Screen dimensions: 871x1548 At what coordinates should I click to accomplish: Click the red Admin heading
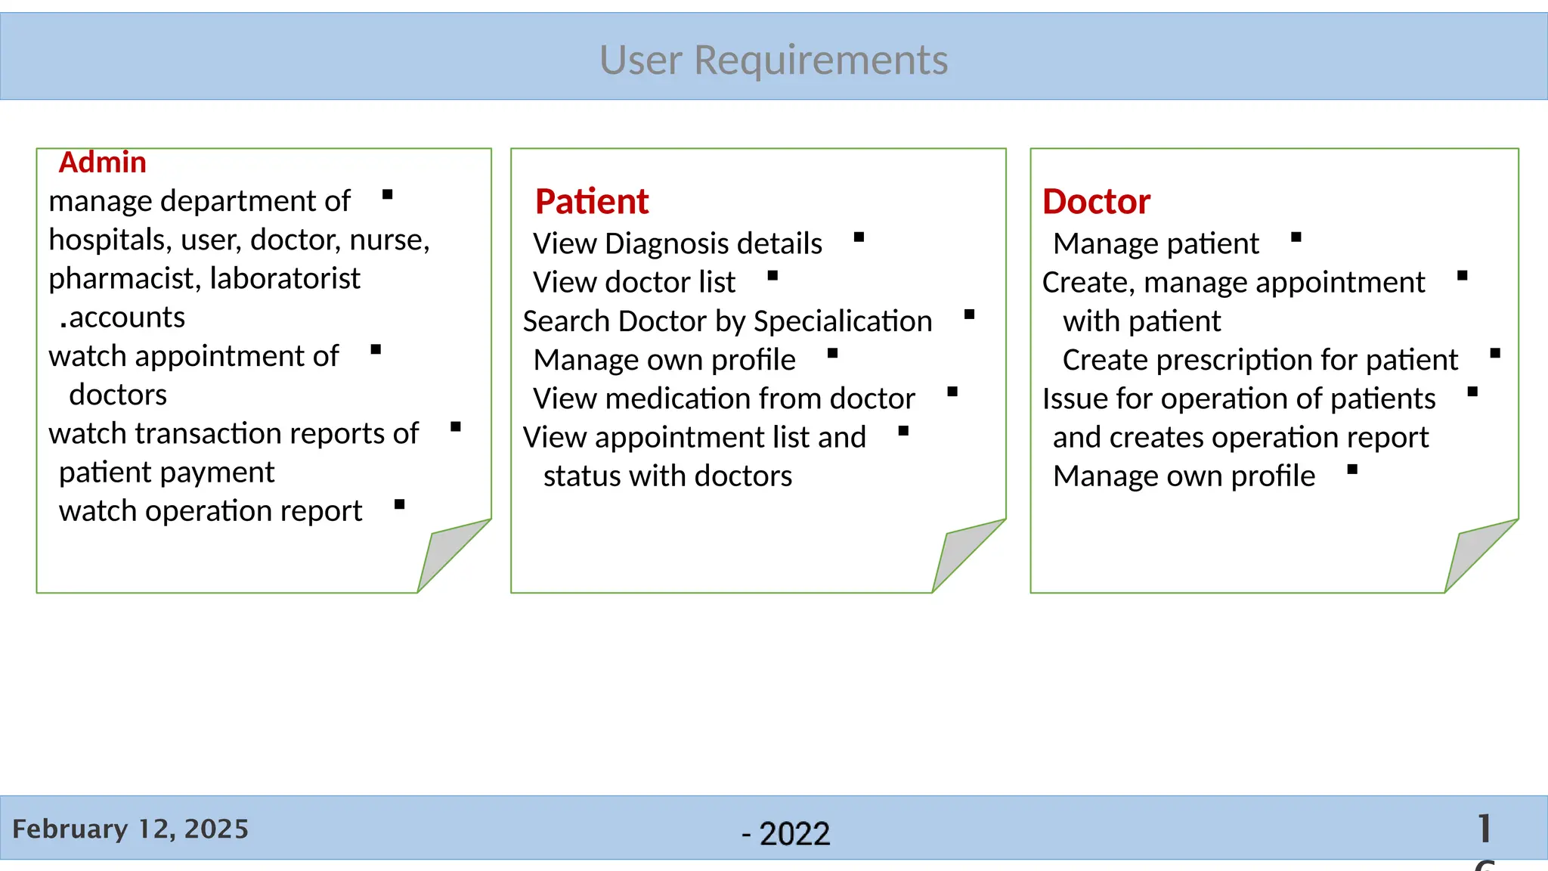click(102, 163)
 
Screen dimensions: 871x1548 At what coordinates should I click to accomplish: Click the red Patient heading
click(592, 202)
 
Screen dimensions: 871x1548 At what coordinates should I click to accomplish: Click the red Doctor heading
click(1096, 202)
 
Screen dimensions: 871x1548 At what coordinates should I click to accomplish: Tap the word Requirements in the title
click(821, 60)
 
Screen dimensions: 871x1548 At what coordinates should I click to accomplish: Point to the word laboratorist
click(285, 279)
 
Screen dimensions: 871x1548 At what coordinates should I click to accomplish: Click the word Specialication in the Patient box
click(843, 321)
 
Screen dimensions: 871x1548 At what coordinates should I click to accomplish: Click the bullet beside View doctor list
click(772, 276)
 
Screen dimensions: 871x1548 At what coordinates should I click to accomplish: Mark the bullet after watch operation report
click(400, 504)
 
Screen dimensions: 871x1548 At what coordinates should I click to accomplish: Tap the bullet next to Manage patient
click(1296, 237)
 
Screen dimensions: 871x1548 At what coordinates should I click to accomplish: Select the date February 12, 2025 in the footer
click(130, 829)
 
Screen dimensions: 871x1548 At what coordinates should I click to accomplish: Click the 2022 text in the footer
click(794, 834)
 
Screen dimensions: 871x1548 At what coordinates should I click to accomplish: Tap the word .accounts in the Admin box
click(122, 318)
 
